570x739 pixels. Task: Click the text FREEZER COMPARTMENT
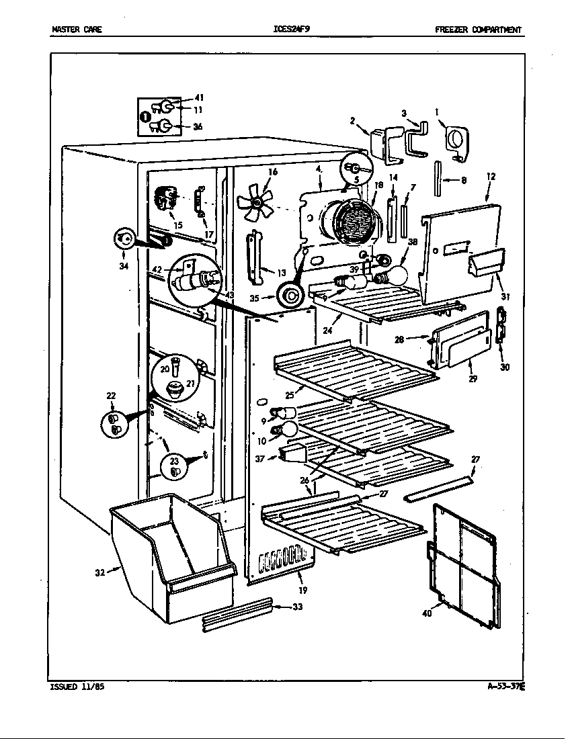[478, 30]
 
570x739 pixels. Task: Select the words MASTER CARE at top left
[77, 30]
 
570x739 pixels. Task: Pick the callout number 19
[303, 591]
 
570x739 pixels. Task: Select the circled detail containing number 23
[174, 465]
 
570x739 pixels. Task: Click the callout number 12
[491, 177]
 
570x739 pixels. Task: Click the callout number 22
[112, 396]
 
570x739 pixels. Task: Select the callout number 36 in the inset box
[197, 126]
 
